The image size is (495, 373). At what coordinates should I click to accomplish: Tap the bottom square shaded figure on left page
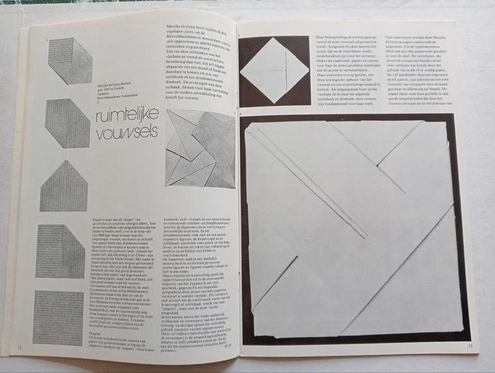(62, 316)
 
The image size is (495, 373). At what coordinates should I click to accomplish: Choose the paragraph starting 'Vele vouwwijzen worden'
(421, 68)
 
